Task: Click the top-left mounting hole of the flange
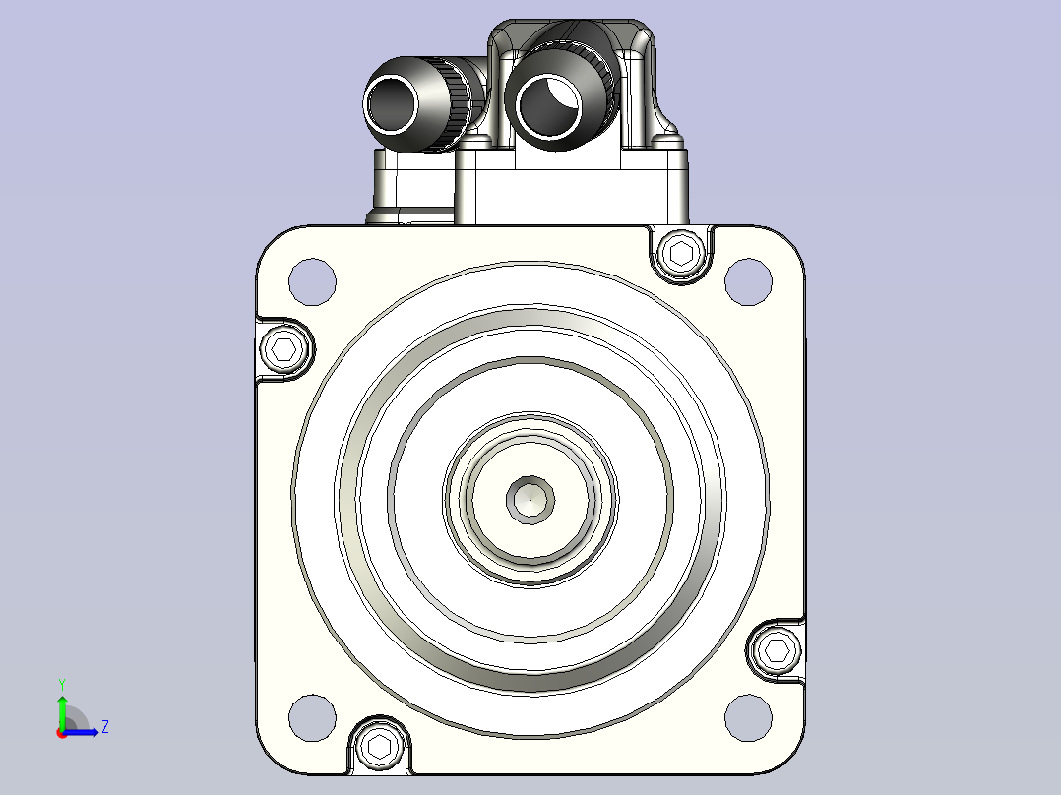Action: (x=312, y=281)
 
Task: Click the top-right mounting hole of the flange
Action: (x=748, y=281)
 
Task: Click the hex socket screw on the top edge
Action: (x=681, y=253)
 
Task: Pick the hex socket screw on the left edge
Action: (x=283, y=349)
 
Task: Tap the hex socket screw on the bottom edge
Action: (x=380, y=747)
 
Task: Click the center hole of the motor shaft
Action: (x=530, y=500)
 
